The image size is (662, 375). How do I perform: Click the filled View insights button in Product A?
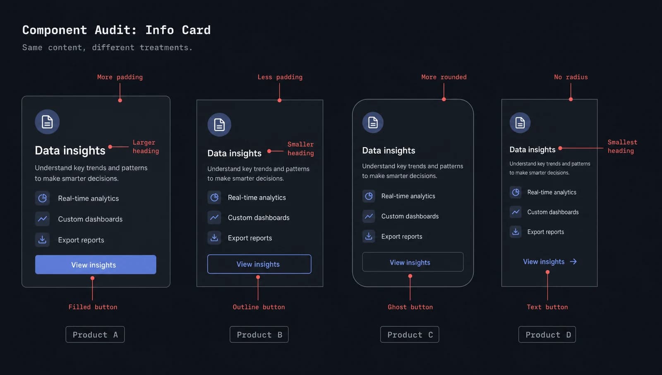[x=96, y=265]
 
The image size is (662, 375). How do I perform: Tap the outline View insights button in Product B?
[x=259, y=264]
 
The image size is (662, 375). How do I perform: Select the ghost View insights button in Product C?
[x=413, y=262]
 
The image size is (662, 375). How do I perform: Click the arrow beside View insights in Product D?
[x=573, y=261]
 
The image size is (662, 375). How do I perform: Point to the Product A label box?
[x=95, y=334]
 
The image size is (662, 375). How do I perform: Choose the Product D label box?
[x=547, y=334]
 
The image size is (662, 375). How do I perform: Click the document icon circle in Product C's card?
[x=373, y=122]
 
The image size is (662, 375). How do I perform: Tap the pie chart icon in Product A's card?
[x=42, y=198]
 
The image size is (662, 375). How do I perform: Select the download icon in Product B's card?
[x=214, y=238]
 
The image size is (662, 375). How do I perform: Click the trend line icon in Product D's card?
[x=516, y=212]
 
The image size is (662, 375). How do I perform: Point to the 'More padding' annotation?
[x=120, y=77]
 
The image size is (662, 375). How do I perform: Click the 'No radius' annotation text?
[x=571, y=77]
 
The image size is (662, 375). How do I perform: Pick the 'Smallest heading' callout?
[x=622, y=147]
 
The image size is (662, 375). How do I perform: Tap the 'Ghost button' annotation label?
[x=410, y=307]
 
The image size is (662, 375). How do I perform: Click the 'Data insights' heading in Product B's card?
[x=234, y=153]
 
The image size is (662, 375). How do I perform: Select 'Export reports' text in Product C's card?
[x=402, y=237]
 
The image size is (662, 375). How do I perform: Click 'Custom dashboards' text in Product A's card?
[x=90, y=219]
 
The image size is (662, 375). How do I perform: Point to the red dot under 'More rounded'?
[x=444, y=99]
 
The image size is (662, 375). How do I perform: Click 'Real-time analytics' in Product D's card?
[x=552, y=192]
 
